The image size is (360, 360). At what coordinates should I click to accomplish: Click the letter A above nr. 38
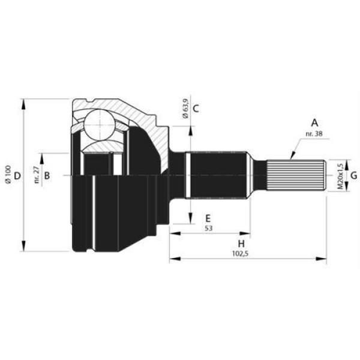(x=314, y=123)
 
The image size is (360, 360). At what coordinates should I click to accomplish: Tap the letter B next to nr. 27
(x=47, y=176)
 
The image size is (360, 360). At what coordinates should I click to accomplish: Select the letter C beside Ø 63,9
(x=196, y=109)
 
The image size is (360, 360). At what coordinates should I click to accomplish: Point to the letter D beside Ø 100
(x=17, y=176)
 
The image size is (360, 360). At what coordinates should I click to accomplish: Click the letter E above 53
(x=208, y=218)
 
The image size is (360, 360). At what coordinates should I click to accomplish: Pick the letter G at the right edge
(x=353, y=176)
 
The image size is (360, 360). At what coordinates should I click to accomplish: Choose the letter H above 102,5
(x=241, y=244)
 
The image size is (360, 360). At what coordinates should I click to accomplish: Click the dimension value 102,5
(x=240, y=253)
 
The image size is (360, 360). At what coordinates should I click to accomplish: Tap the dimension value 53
(x=208, y=228)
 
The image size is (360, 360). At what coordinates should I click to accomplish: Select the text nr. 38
(x=314, y=134)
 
